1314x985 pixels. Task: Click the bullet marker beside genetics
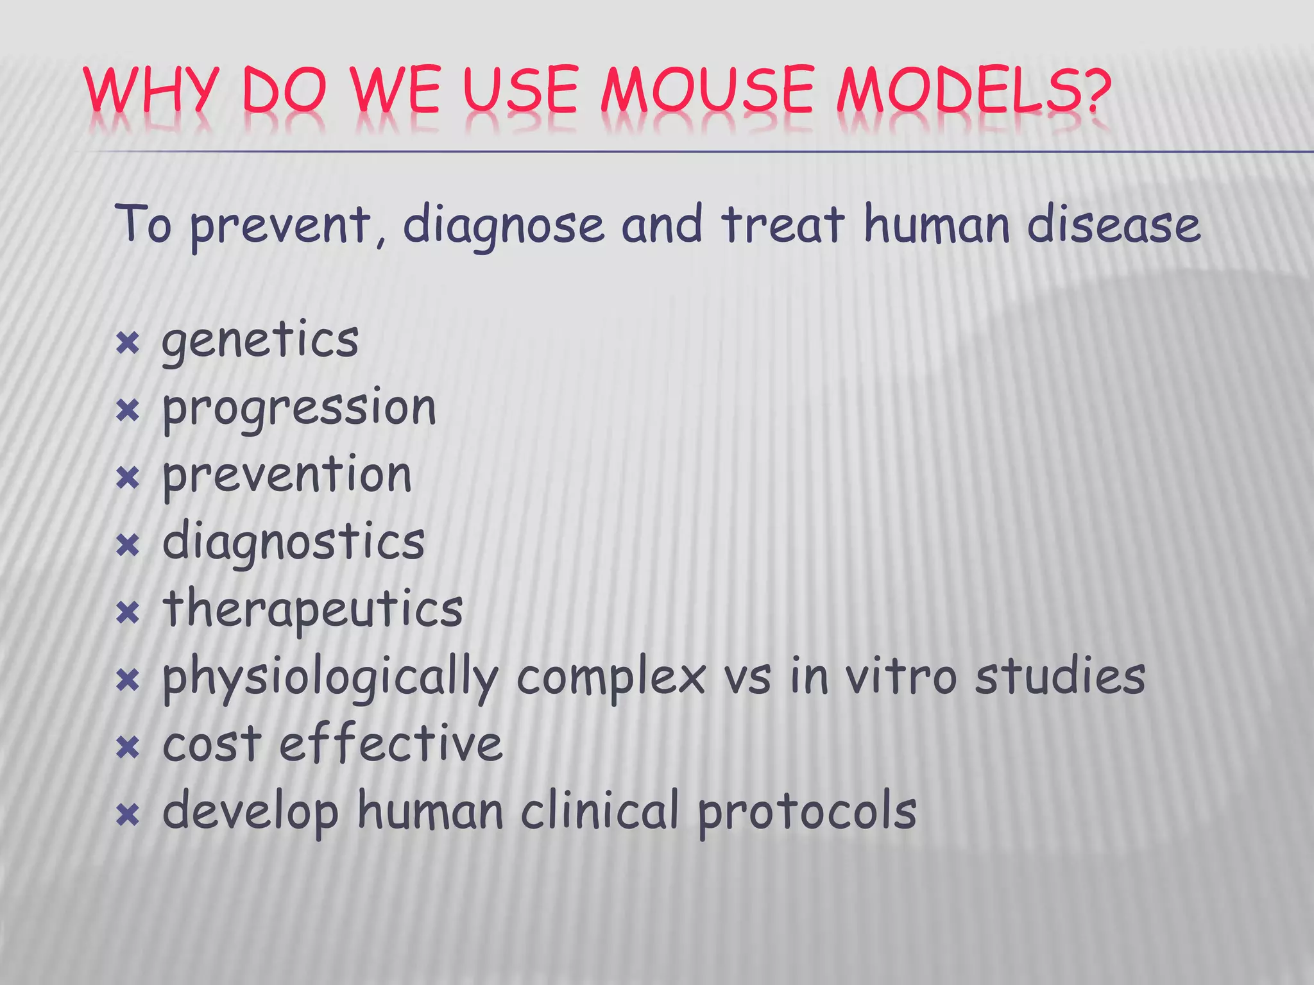pyautogui.click(x=128, y=344)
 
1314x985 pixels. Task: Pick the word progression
pyautogui.click(x=299, y=409)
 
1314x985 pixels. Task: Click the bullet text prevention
pyautogui.click(x=287, y=475)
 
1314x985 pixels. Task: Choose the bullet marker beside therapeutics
pyautogui.click(x=128, y=613)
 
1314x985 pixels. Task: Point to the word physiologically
pyautogui.click(x=330, y=678)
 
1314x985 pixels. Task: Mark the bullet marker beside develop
pyautogui.click(x=128, y=816)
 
